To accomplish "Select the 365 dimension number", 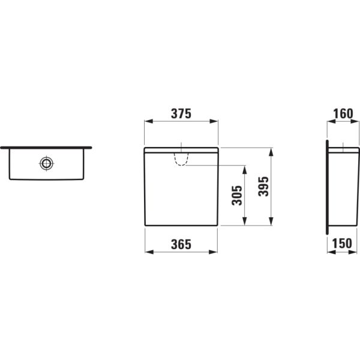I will click(181, 244).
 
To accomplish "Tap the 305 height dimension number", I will click(238, 195).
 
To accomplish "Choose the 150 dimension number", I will click(342, 244).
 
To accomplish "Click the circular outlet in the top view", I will click(46, 163).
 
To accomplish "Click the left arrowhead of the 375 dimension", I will click(147, 121).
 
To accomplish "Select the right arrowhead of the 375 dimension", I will click(215, 121).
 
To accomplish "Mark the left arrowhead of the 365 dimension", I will click(148, 251).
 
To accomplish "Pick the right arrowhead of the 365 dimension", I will click(214, 251).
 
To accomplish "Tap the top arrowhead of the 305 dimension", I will click(245, 169).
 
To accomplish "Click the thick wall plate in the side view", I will click(326, 186).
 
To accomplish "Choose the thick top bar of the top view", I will click(46, 147).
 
